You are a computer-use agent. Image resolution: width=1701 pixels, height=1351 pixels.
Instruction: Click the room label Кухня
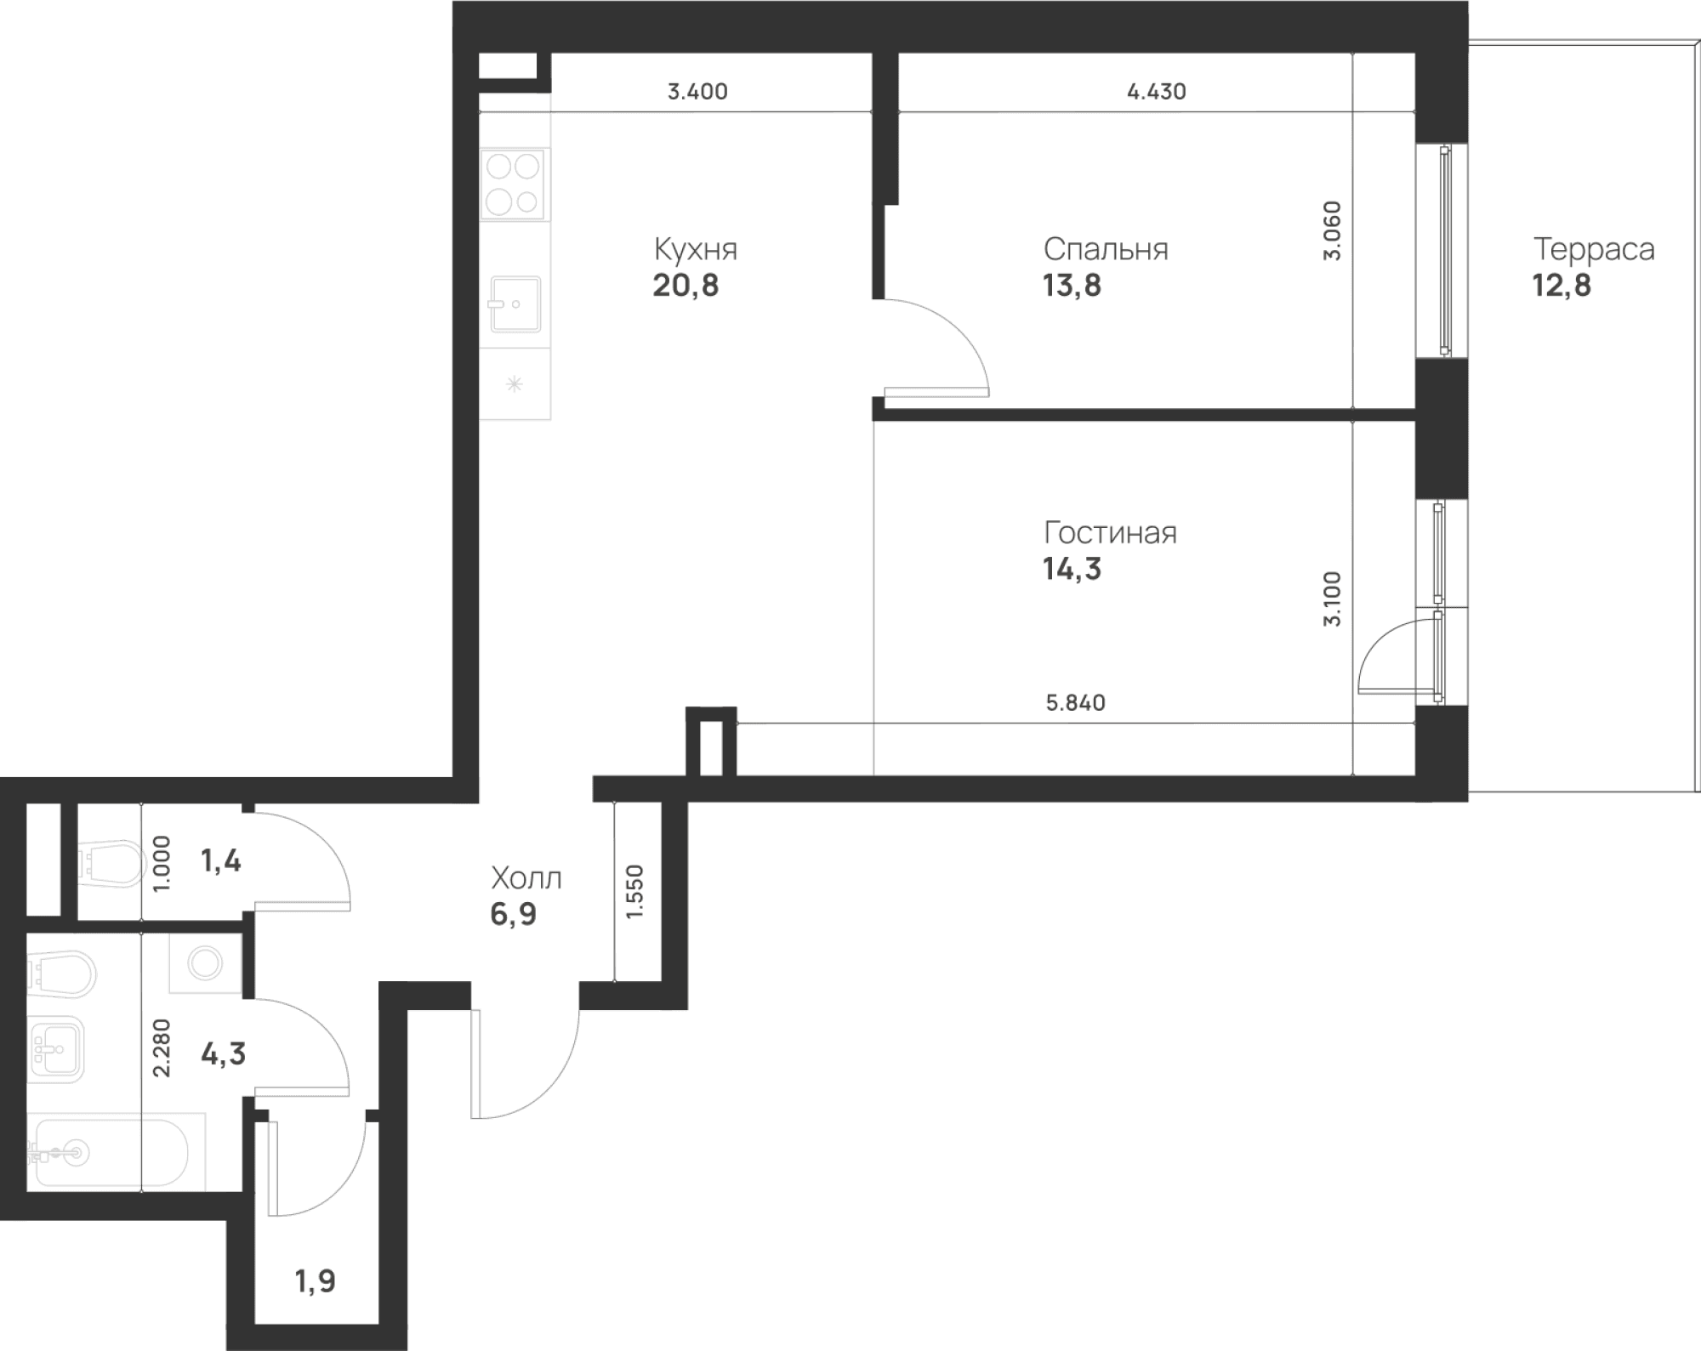(696, 249)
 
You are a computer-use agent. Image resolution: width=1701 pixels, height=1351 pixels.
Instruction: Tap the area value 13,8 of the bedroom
(1072, 286)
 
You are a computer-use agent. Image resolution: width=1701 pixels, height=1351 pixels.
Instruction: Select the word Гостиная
(1110, 533)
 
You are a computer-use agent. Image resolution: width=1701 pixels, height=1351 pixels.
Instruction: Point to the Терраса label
(1594, 250)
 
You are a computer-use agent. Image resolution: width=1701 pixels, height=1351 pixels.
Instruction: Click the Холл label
(526, 877)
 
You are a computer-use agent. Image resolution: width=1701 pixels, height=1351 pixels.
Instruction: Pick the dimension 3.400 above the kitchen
(697, 92)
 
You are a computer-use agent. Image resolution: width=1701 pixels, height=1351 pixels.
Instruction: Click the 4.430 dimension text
(1157, 92)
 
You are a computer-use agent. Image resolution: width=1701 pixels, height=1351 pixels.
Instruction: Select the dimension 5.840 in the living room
(1076, 703)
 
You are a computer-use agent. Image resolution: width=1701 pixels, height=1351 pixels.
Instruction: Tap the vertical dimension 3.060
(1332, 230)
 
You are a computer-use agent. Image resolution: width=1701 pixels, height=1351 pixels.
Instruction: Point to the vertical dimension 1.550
(635, 892)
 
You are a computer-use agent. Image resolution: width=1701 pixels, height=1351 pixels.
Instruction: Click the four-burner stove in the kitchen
(514, 184)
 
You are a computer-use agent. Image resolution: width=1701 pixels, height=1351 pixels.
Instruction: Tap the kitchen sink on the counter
(515, 304)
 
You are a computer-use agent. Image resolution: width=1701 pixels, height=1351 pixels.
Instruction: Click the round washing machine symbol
(206, 963)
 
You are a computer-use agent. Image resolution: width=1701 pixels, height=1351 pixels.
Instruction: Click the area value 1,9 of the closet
(316, 1280)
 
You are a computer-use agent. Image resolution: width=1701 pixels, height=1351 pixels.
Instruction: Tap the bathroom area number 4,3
(223, 1054)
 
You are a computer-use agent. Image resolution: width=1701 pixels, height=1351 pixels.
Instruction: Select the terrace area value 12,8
(1562, 286)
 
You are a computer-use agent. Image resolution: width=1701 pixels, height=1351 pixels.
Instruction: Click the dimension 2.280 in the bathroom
(161, 1048)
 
